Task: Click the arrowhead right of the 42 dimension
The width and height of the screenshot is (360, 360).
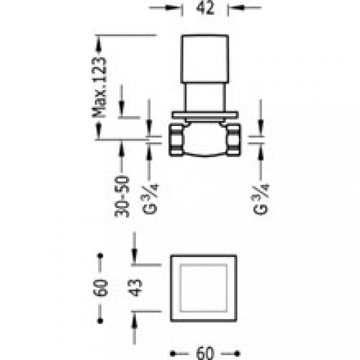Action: [233, 9]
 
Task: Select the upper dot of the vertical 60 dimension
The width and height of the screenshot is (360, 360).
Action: [101, 256]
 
